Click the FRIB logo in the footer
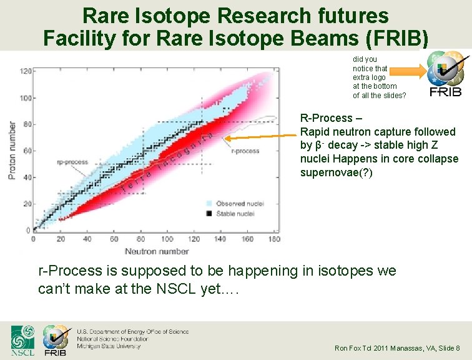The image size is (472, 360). coord(56,341)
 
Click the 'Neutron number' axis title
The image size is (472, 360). coord(157,251)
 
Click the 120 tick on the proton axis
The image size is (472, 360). coord(26,71)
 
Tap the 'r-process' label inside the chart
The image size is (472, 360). coord(245,151)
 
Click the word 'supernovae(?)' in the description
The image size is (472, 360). coord(336,172)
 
